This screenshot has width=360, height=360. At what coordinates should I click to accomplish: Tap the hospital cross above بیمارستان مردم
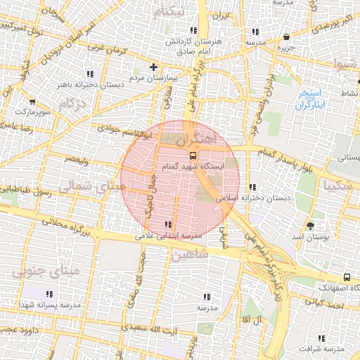[154, 67]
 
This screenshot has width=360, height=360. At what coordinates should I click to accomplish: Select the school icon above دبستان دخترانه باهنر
[89, 73]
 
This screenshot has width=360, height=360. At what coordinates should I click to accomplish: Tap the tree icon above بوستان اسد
[310, 226]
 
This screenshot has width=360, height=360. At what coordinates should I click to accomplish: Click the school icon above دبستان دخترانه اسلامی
[252, 187]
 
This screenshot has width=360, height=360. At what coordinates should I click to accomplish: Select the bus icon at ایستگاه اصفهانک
[347, 278]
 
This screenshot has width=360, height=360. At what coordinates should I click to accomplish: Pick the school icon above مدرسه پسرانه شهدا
[49, 294]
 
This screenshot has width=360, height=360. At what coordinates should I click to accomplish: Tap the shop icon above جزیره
[285, 37]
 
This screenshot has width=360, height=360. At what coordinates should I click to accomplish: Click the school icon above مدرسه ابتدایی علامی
[167, 224]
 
